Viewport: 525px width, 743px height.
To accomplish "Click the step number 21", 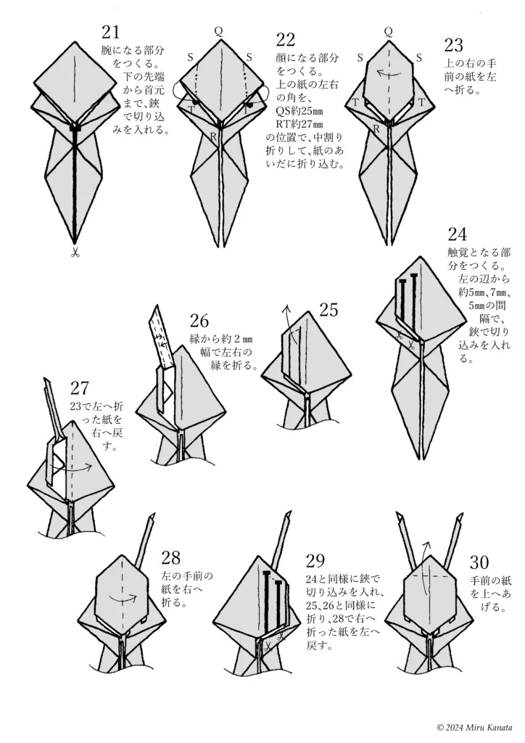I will tap(112, 33).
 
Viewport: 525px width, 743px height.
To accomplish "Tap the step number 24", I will tap(457, 234).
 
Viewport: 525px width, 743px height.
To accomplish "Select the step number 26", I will tap(199, 321).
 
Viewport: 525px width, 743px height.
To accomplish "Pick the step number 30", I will tap(480, 563).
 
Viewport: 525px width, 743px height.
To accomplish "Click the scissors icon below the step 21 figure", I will tap(75, 253).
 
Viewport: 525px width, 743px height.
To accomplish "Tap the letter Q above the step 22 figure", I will tap(218, 30).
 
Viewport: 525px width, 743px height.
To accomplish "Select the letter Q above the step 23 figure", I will tap(388, 30).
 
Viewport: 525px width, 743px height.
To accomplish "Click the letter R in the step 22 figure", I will tap(212, 136).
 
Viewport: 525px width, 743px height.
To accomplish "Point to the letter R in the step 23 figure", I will tap(376, 128).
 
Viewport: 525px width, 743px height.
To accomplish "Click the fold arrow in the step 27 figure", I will tap(81, 468).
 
